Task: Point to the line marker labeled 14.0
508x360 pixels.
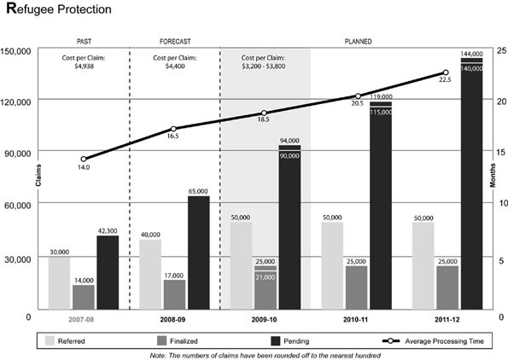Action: pyautogui.click(x=84, y=159)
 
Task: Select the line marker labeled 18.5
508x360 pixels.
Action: pyautogui.click(x=264, y=113)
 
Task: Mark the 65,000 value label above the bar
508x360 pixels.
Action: pyautogui.click(x=197, y=192)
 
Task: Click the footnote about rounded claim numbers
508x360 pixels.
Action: pyautogui.click(x=265, y=354)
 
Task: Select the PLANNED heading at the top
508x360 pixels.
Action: pyautogui.click(x=358, y=41)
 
